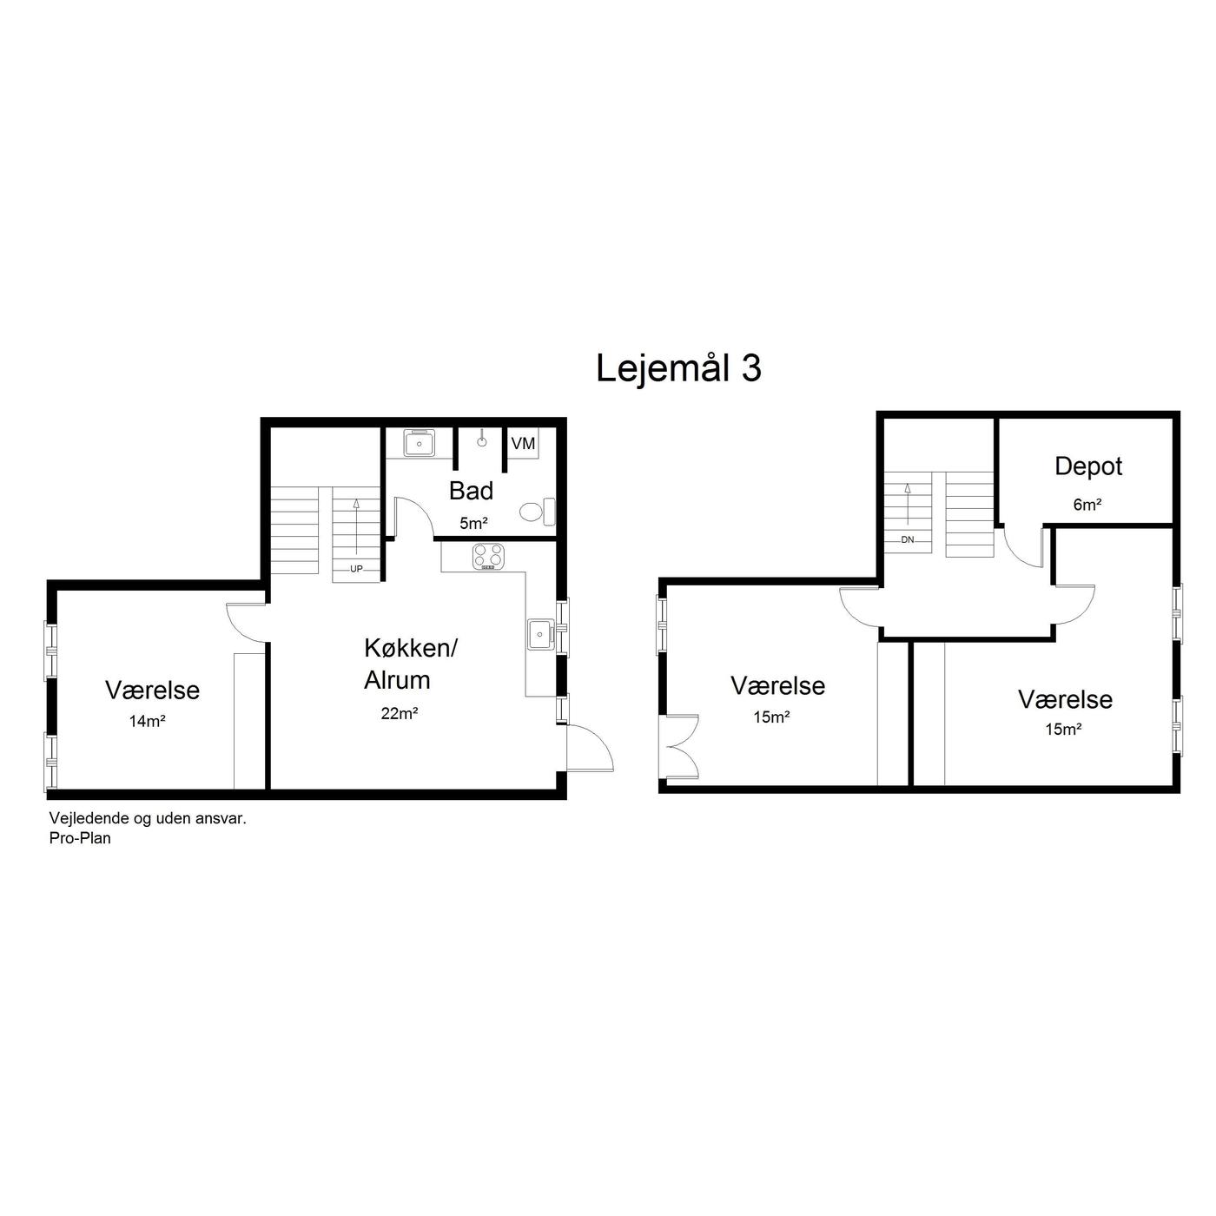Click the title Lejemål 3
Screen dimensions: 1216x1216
(678, 368)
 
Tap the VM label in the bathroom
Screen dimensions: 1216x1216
(523, 444)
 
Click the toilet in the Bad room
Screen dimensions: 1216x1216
(538, 511)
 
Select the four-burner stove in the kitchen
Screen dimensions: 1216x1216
(488, 558)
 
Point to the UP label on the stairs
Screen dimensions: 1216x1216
(356, 569)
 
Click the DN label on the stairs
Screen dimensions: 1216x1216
(908, 539)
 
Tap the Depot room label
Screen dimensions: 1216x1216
(1088, 467)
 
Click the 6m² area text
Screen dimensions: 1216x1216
(1087, 505)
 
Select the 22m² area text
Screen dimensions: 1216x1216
(400, 713)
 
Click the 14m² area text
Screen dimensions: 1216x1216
(148, 721)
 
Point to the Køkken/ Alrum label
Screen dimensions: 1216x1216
(410, 664)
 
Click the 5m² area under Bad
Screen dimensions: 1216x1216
(473, 523)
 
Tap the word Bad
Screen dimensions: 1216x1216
(471, 491)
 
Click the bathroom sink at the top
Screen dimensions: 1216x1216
(419, 444)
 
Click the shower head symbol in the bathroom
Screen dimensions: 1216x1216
(481, 439)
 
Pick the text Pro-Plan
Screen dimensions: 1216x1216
(80, 839)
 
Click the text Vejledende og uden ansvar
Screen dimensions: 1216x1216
(148, 819)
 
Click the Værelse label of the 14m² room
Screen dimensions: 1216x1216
(153, 691)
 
